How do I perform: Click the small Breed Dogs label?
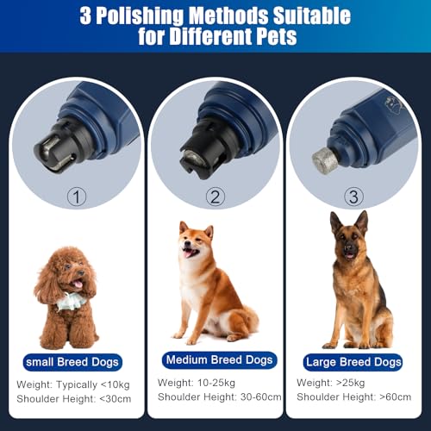click(72, 361)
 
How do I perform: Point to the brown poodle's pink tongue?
click(78, 284)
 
